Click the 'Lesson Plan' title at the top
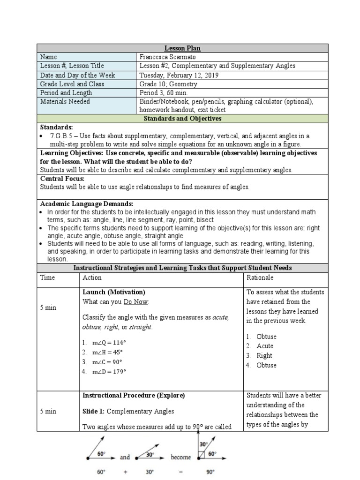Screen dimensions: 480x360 [x=182, y=48]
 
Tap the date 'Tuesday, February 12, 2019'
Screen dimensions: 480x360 [x=179, y=75]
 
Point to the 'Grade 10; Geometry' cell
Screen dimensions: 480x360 [x=168, y=84]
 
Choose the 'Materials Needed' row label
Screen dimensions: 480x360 [x=65, y=101]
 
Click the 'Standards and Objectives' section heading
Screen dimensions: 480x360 [x=182, y=119]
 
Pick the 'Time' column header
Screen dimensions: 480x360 [x=47, y=277]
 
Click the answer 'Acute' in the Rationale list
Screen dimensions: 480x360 [x=265, y=346]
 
